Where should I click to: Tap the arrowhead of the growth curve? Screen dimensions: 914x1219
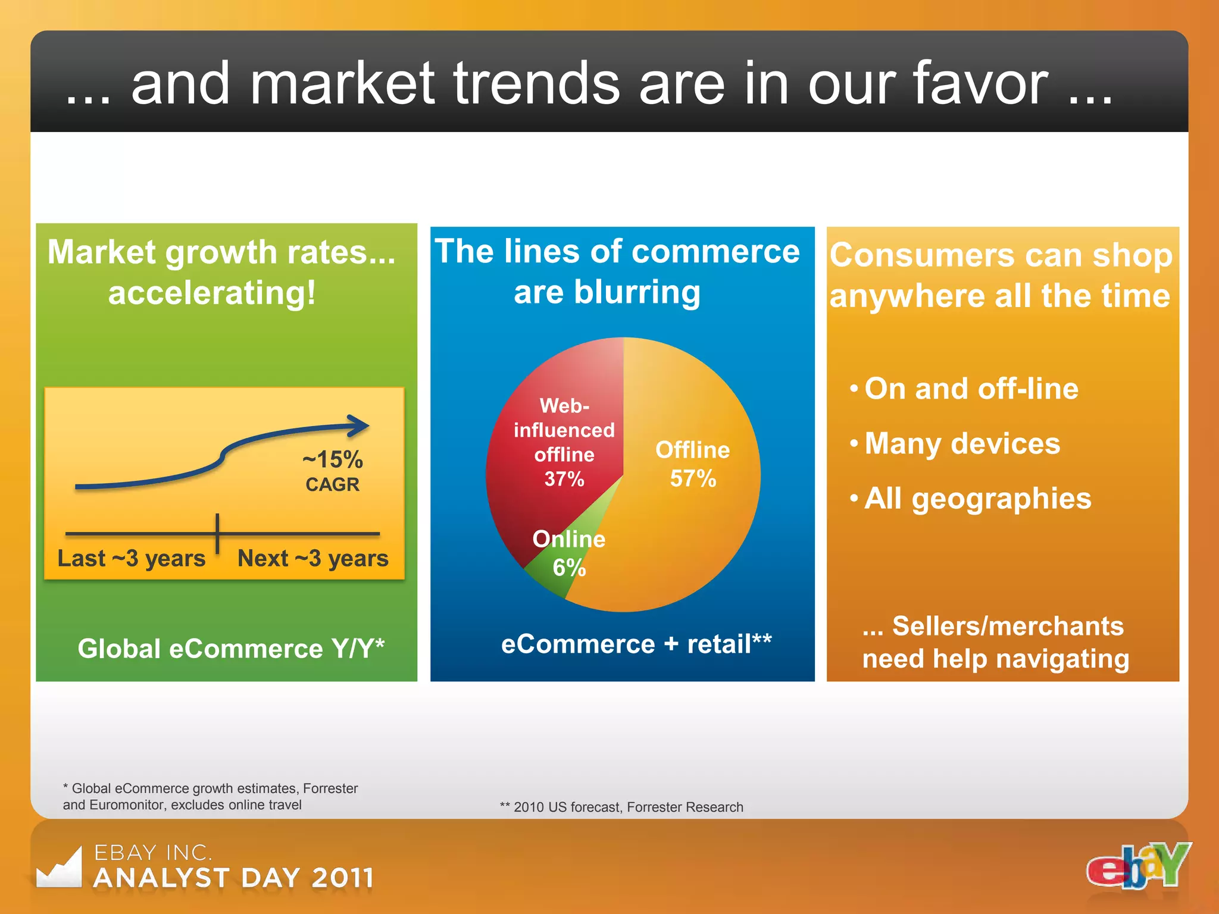point(360,425)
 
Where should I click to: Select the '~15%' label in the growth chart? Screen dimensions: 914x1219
point(332,460)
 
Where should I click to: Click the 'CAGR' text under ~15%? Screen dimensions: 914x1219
point(332,485)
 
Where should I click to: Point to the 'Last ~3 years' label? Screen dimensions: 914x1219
point(131,559)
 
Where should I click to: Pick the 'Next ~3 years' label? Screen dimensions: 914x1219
point(312,559)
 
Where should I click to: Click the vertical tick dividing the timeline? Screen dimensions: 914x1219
point(217,533)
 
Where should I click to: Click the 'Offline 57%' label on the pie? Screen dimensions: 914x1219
point(692,464)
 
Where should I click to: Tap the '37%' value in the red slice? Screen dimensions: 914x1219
point(564,479)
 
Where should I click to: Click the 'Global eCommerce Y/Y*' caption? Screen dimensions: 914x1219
point(231,649)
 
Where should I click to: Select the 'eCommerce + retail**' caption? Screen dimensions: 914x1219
point(636,644)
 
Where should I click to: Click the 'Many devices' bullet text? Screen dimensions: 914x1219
point(962,444)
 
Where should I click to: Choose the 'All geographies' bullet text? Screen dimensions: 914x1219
point(977,499)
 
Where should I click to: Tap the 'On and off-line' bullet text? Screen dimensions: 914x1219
point(971,389)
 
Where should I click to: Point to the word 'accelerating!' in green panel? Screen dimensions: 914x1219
point(211,293)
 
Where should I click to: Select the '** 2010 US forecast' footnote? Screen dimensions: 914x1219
point(621,807)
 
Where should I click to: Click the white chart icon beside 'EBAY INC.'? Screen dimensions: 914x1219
point(60,869)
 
